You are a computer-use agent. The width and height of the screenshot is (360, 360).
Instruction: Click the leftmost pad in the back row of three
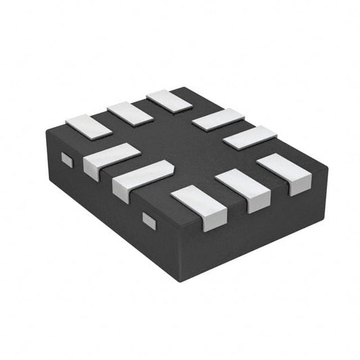tap(88, 126)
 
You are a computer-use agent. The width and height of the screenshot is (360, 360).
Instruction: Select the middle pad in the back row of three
tap(130, 113)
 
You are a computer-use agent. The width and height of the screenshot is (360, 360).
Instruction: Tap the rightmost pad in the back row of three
tap(170, 101)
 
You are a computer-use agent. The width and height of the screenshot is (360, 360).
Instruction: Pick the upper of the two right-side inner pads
tap(217, 119)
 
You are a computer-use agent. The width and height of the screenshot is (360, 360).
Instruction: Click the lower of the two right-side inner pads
tap(249, 137)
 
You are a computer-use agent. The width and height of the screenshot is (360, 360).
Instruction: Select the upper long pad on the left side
tap(110, 159)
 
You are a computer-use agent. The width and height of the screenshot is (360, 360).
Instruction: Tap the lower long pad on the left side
tap(141, 179)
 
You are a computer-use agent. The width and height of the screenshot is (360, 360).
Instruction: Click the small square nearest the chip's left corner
tap(66, 159)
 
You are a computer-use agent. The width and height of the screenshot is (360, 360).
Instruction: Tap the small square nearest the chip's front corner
tap(149, 218)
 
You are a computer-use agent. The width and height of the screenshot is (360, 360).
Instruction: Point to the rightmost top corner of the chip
tap(328, 164)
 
